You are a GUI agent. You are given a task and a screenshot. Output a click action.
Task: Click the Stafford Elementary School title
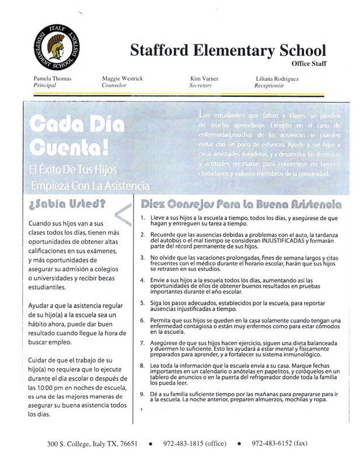pyautogui.click(x=228, y=50)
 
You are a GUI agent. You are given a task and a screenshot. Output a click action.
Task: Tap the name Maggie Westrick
pyautogui.click(x=123, y=78)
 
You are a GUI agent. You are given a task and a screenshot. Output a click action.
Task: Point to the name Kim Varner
pyautogui.click(x=205, y=78)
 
